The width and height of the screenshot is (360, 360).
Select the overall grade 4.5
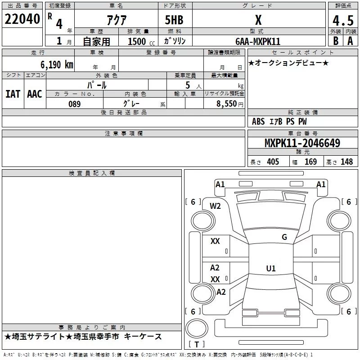342,21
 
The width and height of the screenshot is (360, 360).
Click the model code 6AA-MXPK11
258,41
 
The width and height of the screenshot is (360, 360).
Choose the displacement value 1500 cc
138,41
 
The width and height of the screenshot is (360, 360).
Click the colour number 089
74,103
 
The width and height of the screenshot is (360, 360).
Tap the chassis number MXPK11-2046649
302,144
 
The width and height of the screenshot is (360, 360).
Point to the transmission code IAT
13,94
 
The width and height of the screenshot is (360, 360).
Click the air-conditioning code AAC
35,94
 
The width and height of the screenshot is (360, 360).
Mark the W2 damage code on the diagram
216,206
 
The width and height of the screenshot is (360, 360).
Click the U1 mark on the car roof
270,269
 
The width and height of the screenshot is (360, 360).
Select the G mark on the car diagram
284,237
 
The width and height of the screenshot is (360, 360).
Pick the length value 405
272,162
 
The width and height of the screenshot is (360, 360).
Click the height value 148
347,162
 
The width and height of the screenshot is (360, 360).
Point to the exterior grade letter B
335,41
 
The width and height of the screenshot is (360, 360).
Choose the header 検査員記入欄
92,173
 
